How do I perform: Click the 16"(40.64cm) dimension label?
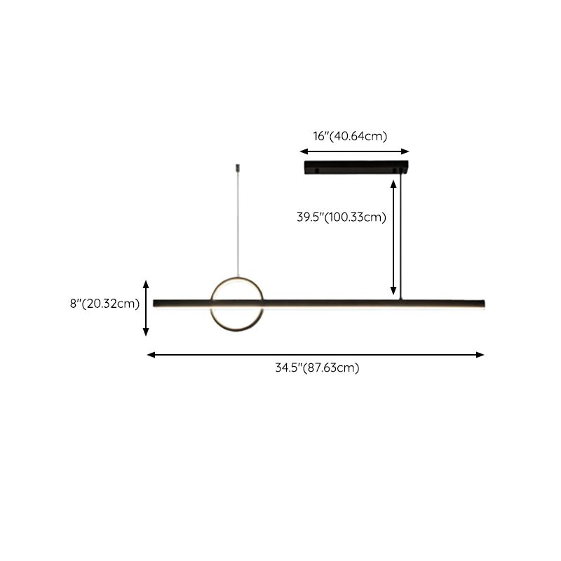pos(350,136)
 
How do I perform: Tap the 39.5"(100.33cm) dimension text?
pos(342,217)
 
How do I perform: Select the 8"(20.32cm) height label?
pos(104,304)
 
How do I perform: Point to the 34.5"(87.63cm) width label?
pos(317,367)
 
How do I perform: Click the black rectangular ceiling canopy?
pos(356,168)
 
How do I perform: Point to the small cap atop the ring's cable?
pos(238,168)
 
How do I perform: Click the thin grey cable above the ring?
pos(238,224)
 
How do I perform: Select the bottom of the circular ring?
pos(237,330)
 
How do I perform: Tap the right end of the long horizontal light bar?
pos(485,304)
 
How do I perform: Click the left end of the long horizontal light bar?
pos(154,303)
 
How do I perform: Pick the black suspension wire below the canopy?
pos(400,236)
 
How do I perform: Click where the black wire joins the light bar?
pos(400,299)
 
